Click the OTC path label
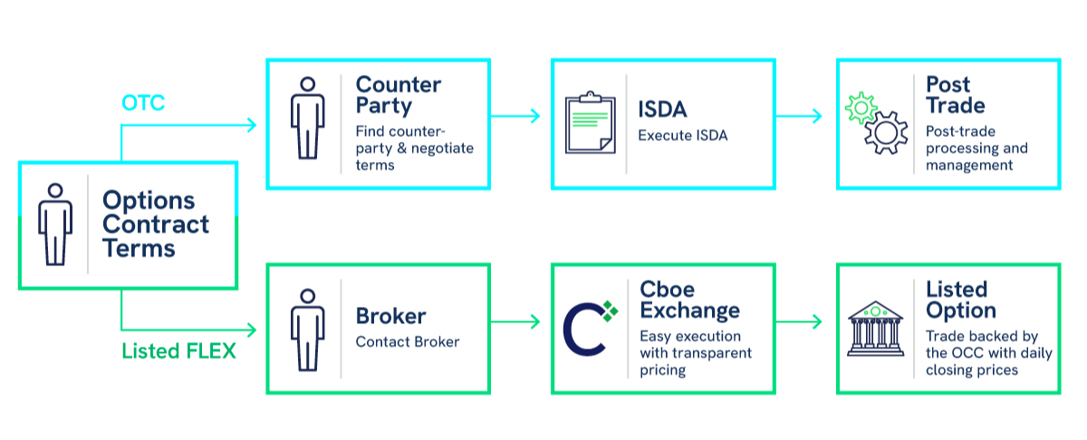coord(143,103)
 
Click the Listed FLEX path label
coord(178,350)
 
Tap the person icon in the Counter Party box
coord(308,118)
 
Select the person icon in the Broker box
coord(308,327)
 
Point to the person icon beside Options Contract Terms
coord(55,224)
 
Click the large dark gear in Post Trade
coord(886,134)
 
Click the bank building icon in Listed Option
coord(875,328)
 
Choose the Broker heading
coord(390,317)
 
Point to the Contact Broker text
coord(408,341)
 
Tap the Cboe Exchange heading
coord(689,300)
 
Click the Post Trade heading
coord(956,95)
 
